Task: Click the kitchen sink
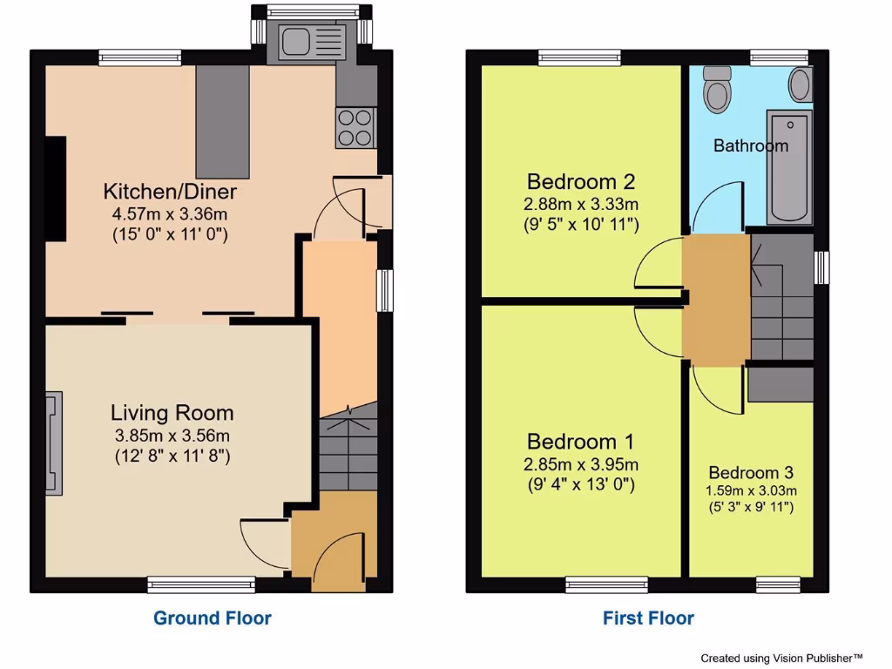pos(311,41)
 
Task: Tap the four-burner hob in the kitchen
pos(355,127)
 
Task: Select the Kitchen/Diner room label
pos(170,191)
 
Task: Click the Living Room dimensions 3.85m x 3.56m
pos(172,436)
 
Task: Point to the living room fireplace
pos(55,443)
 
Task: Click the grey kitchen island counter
pos(222,121)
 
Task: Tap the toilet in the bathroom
pos(718,89)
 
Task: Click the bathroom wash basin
pos(801,84)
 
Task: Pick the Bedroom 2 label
pos(581,182)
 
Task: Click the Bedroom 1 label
pos(581,441)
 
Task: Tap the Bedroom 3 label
pos(750,473)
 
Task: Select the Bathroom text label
pos(750,145)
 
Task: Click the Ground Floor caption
pos(213,618)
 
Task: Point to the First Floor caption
pos(648,618)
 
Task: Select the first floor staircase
pos(781,296)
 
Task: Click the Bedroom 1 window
pos(606,584)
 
